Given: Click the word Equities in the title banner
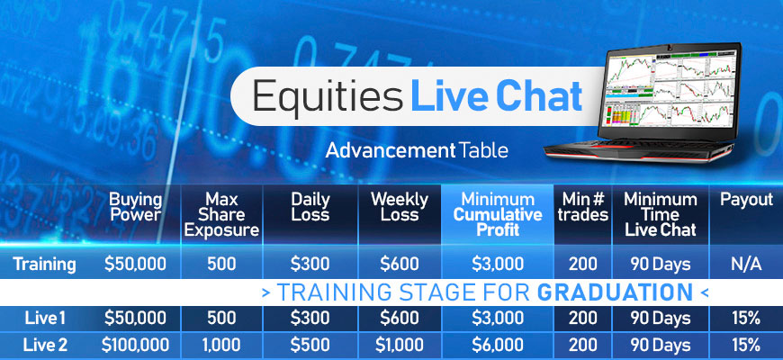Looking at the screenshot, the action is click(327, 96).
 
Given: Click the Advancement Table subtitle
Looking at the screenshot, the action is click(417, 150).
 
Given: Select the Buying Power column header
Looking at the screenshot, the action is click(136, 207).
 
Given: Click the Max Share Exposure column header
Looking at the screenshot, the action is click(221, 215).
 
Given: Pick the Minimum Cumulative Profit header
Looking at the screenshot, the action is click(498, 215).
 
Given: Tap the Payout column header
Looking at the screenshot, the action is click(746, 200).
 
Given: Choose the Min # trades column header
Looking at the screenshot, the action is click(583, 207).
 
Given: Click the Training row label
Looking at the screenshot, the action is click(44, 264).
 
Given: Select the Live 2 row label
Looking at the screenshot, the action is click(45, 345).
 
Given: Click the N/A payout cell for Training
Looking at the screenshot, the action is click(746, 264).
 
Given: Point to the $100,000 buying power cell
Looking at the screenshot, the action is click(135, 345).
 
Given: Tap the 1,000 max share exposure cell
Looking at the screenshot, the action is click(221, 345).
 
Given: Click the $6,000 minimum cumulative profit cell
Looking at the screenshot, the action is click(498, 345).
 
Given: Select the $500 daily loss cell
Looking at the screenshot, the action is click(310, 345).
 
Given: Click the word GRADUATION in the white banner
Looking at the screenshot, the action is click(615, 292).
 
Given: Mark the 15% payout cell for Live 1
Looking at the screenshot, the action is click(746, 318).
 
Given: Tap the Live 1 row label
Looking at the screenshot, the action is click(45, 318).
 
